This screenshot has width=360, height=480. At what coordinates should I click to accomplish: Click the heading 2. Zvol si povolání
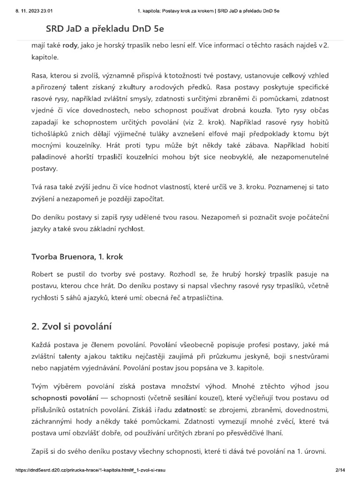pyautogui.click(x=73, y=327)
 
